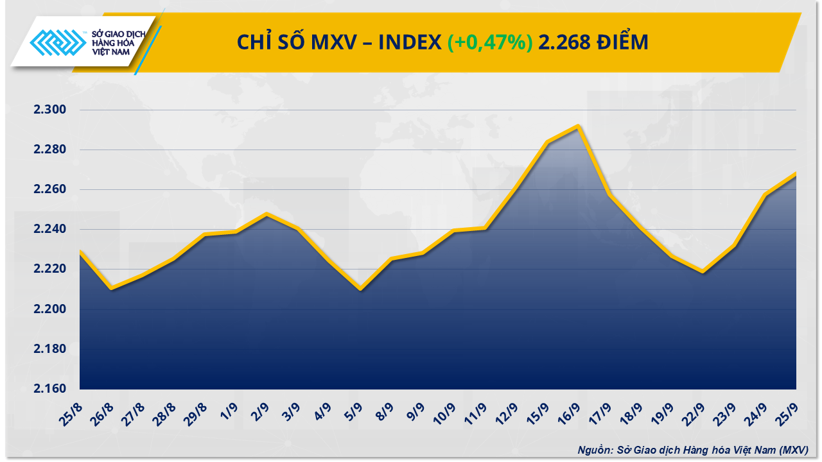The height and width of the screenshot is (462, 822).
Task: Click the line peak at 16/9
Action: (579, 126)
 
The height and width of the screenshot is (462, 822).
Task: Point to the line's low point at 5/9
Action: (360, 289)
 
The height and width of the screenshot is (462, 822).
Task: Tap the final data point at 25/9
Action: (796, 173)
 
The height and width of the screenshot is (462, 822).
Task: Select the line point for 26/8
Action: (111, 288)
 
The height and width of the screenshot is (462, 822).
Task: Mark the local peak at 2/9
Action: (267, 214)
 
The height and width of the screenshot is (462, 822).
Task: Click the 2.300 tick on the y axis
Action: (50, 110)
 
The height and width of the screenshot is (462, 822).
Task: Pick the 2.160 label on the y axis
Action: (50, 389)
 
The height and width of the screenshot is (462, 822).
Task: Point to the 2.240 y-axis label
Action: (50, 229)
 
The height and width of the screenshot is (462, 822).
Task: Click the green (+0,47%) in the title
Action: (490, 42)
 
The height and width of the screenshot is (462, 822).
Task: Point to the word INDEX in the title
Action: (409, 42)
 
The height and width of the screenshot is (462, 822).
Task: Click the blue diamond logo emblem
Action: (58, 43)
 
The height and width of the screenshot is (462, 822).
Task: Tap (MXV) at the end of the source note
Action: (794, 450)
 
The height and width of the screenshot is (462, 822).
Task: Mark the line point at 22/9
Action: (703, 272)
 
